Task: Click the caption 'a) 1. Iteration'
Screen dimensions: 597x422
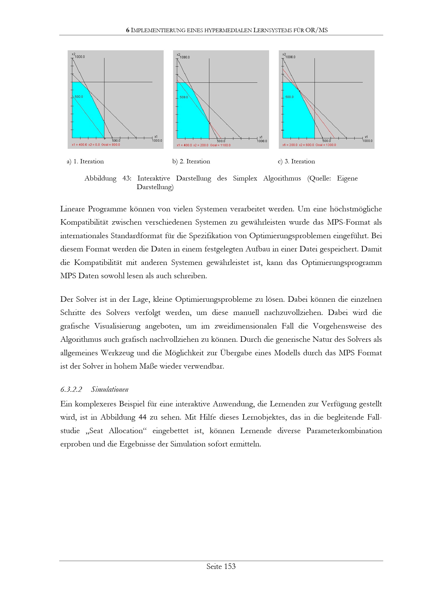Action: point(85,162)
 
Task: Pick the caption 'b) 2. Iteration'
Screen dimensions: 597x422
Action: point(191,162)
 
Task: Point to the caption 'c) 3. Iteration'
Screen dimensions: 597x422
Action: point(296,162)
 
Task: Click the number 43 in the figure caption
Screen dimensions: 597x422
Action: point(127,178)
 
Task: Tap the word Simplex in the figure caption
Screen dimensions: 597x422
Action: point(245,178)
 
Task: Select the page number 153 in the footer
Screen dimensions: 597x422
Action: point(230,566)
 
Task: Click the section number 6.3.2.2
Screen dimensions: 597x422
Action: point(71,389)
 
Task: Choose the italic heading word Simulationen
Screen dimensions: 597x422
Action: point(110,389)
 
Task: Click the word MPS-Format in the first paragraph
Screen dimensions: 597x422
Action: point(348,222)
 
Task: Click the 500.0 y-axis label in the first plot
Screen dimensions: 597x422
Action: point(79,97)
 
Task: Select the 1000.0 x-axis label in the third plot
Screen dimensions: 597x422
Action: point(367,141)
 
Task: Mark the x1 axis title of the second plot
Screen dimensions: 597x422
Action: point(261,137)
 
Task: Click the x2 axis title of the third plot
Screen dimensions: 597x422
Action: point(284,54)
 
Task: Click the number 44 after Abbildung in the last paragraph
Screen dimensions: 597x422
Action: point(142,417)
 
